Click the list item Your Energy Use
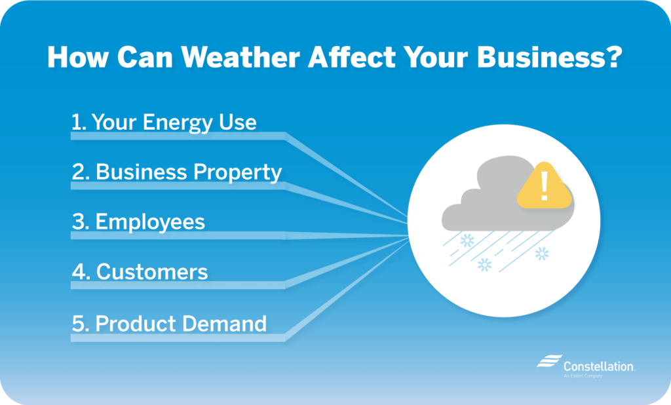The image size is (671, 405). point(164,122)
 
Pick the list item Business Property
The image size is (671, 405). point(177,172)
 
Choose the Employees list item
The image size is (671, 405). point(139,222)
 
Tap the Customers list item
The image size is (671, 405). point(140,271)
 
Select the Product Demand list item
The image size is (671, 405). point(169,323)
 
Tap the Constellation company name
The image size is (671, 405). point(598,366)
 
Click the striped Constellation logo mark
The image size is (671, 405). point(548,362)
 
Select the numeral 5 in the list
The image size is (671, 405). point(79,324)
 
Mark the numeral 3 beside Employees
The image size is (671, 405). point(79,222)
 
